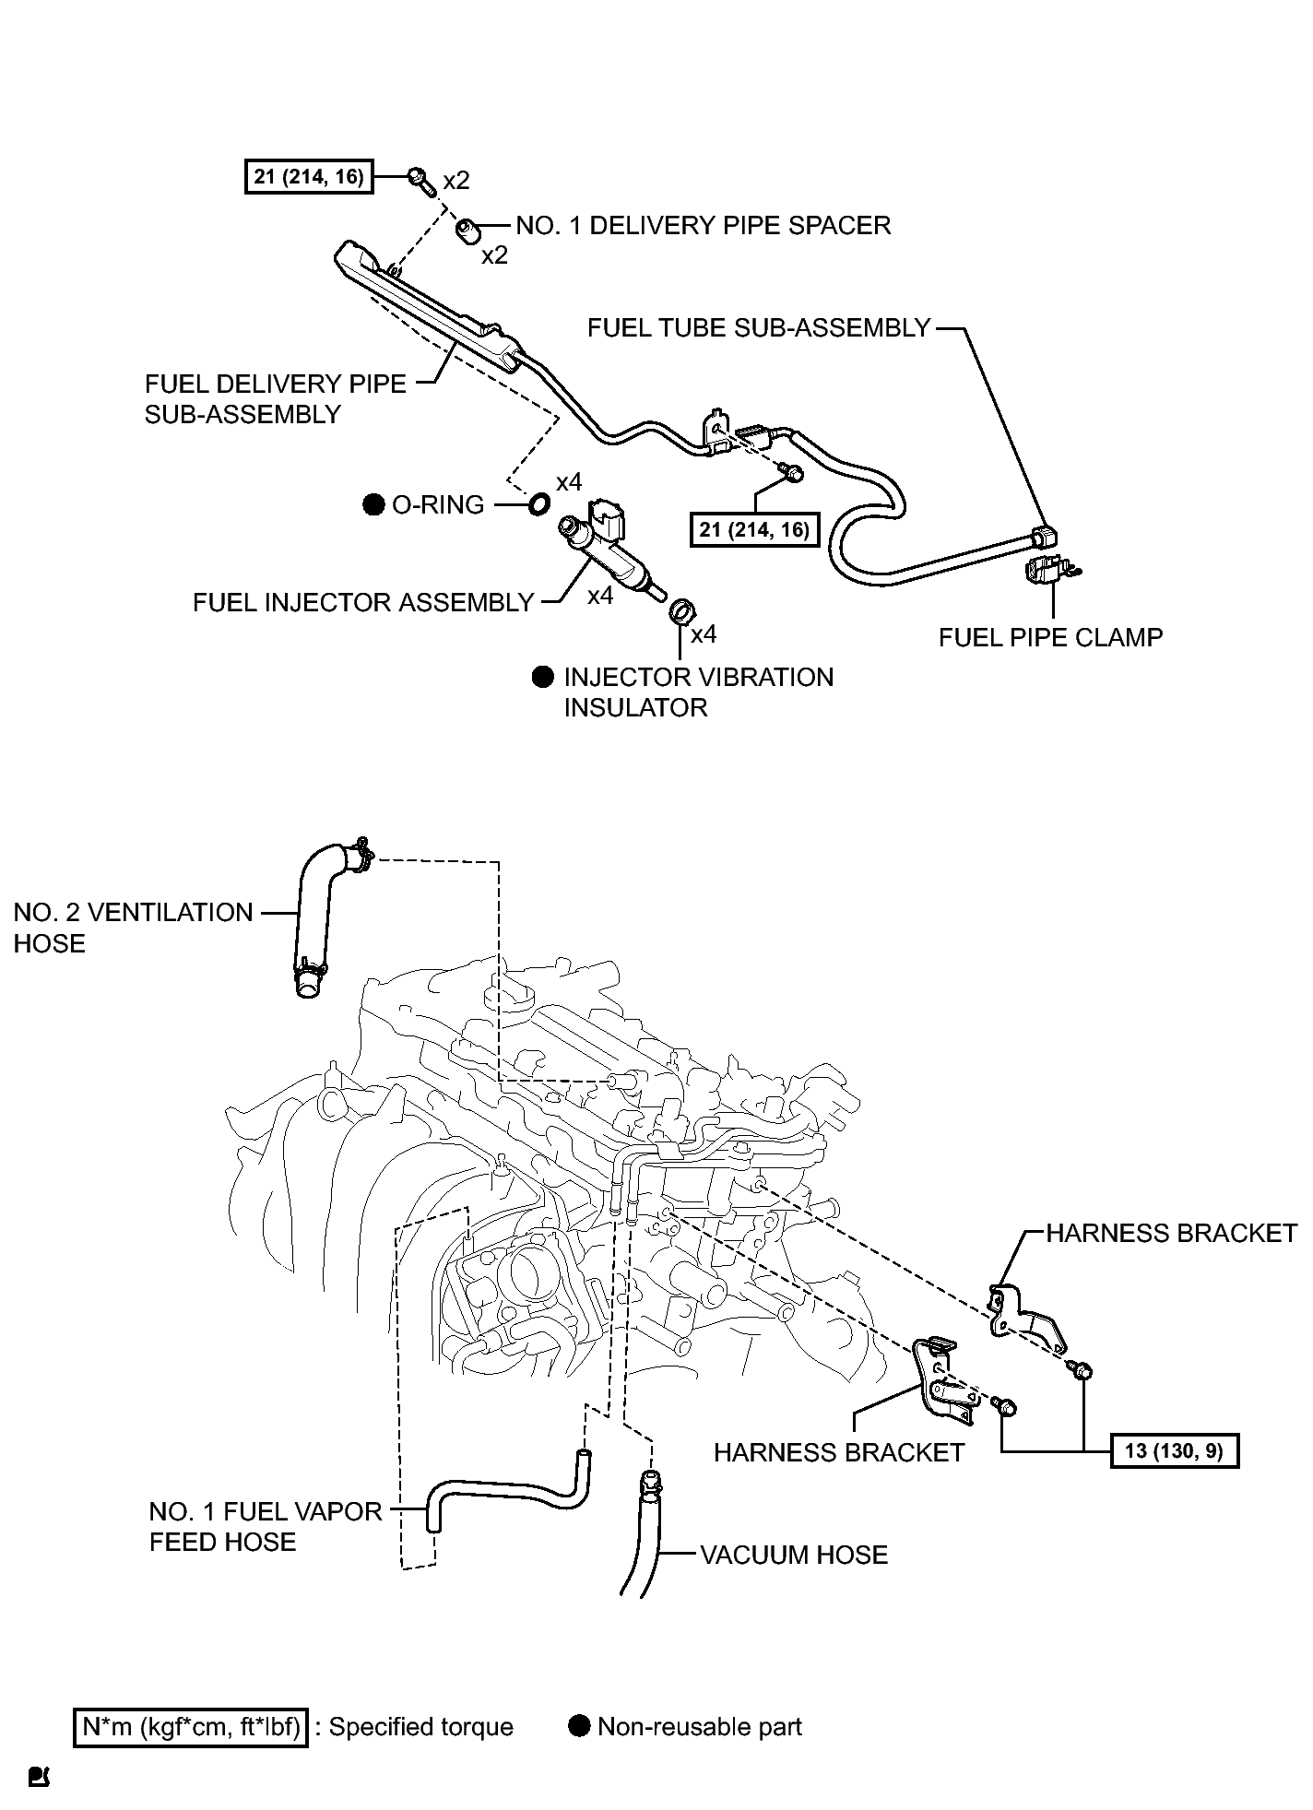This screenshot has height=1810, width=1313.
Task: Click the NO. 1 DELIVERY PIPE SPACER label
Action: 703,226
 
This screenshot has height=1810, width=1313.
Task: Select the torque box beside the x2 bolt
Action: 309,176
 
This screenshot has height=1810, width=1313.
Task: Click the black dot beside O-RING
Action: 373,504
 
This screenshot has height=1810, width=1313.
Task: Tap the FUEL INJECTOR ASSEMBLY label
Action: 363,603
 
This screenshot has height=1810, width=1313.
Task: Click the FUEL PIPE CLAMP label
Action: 1050,637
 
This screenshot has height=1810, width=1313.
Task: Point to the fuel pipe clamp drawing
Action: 1050,569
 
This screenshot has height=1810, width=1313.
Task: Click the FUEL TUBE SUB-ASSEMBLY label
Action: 759,328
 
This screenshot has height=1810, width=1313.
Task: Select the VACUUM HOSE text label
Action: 794,1555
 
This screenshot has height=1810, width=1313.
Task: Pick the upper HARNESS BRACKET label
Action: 1172,1233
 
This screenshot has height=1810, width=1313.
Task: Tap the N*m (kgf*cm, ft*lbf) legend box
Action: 191,1727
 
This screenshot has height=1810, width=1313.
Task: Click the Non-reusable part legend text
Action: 700,1727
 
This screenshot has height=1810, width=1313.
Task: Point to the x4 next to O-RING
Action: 569,482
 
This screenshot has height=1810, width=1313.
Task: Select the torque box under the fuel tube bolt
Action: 754,529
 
